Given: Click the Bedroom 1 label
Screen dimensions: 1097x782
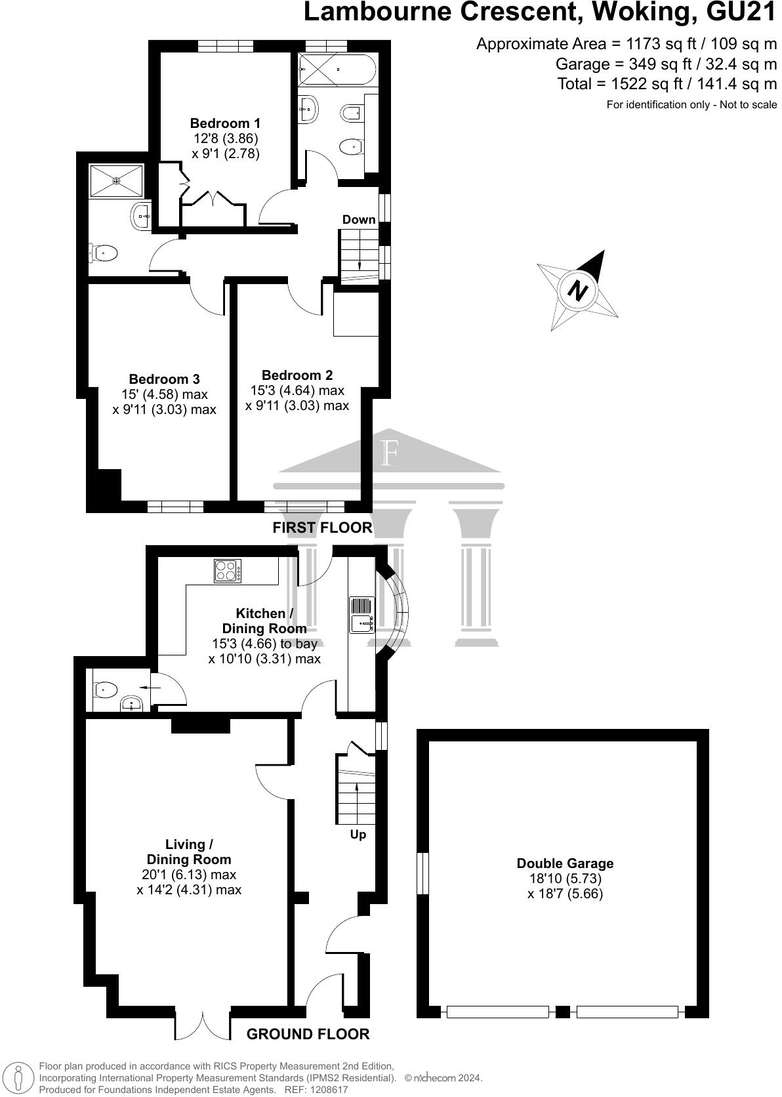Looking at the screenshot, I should [225, 123].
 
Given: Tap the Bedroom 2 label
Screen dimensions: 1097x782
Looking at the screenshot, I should [297, 375].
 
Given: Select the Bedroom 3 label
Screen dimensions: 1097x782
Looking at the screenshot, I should [164, 379].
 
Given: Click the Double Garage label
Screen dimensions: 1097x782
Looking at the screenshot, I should [565, 863].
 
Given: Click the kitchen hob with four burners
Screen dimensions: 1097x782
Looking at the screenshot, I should [228, 570].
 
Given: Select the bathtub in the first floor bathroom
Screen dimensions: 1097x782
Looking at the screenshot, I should [337, 70].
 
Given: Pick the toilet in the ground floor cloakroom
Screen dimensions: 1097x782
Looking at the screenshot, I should [106, 690].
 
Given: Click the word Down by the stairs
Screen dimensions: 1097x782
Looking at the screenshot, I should [359, 220].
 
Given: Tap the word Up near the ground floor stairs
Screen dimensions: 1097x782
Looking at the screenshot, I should [358, 835].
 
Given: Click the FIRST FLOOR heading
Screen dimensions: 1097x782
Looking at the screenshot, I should [322, 528].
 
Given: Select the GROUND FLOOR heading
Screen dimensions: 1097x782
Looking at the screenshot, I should [308, 1034].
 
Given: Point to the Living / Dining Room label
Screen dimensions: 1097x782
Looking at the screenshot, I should [189, 852].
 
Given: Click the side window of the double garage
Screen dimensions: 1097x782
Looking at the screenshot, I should [423, 873].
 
